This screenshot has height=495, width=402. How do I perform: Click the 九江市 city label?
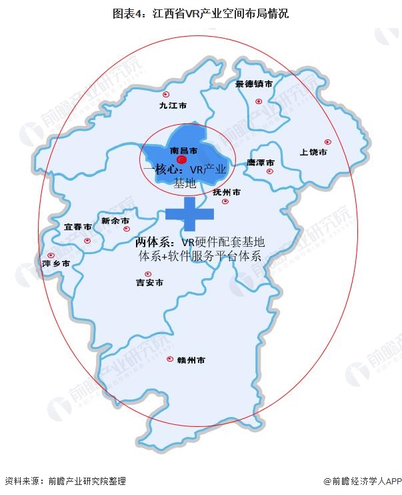[x=173, y=105]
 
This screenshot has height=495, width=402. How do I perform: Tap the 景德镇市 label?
[x=254, y=85]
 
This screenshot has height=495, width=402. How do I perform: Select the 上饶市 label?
[x=313, y=152]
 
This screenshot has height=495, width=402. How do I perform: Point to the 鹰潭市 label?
[x=261, y=162]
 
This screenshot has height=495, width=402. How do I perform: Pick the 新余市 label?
[x=114, y=221]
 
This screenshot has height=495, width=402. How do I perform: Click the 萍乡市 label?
[x=55, y=264]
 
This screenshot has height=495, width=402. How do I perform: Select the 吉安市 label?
[x=149, y=284]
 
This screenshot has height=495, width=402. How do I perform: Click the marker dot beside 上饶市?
[x=327, y=141]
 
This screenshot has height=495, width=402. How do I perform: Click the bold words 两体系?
[x=155, y=241]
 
